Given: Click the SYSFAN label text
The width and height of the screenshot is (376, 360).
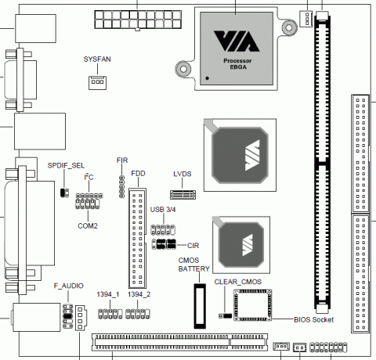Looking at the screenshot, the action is pyautogui.click(x=97, y=59).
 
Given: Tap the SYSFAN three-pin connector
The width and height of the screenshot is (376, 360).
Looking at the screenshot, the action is pyautogui.click(x=97, y=83).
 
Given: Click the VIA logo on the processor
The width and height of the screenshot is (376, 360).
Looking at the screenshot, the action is pyautogui.click(x=237, y=41).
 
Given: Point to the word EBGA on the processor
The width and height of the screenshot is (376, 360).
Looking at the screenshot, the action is pyautogui.click(x=238, y=67).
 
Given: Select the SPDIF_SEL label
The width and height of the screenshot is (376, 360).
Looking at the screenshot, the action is pyautogui.click(x=66, y=166).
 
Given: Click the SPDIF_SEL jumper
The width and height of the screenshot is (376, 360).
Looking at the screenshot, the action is pyautogui.click(x=64, y=193).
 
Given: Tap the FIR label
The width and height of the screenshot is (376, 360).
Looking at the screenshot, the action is pyautogui.click(x=122, y=160).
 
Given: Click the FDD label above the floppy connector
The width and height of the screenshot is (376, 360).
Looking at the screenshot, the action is pyautogui.click(x=138, y=174).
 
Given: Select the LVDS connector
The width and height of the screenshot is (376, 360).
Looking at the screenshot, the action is pyautogui.click(x=183, y=195).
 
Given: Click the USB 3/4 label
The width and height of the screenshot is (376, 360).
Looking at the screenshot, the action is pyautogui.click(x=163, y=210).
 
